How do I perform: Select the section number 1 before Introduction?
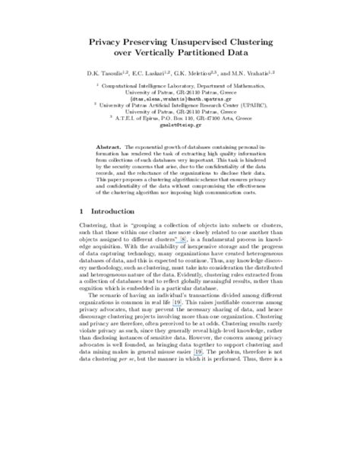(x=82, y=210)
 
